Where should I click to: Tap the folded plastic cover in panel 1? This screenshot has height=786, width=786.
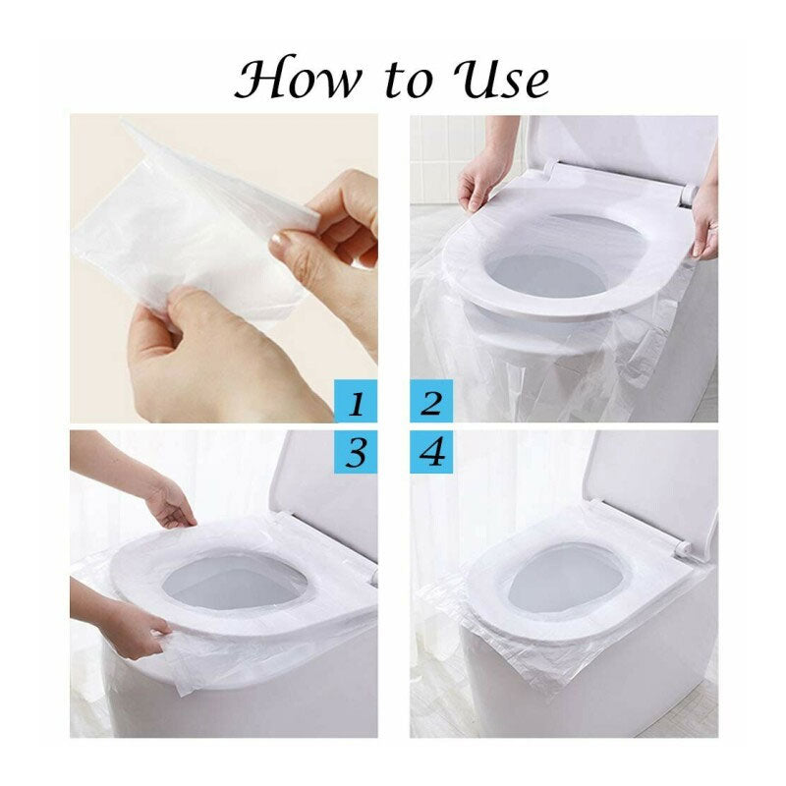(187, 226)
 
